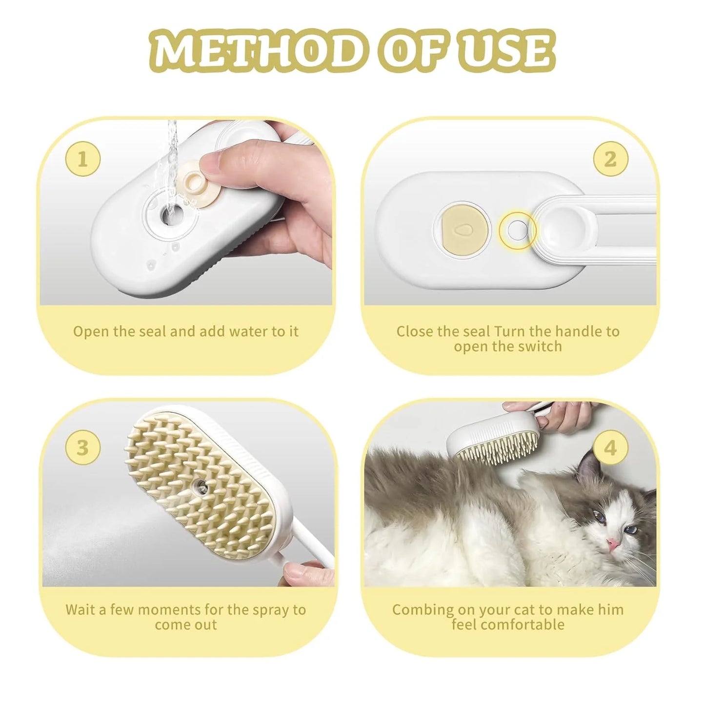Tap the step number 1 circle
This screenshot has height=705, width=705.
pos(83,159)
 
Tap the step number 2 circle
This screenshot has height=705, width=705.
pos(610,159)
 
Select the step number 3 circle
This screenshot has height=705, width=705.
pos(83,447)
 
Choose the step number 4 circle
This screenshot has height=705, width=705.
pos(610,447)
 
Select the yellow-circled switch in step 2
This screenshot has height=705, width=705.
pos(517,230)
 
